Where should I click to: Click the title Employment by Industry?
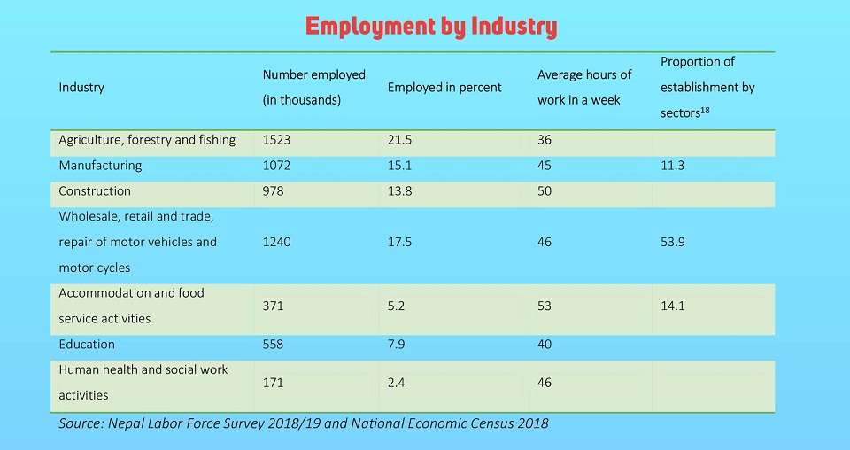(431, 27)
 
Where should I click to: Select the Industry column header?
(81, 88)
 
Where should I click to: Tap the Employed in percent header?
(444, 88)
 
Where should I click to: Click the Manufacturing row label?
(100, 166)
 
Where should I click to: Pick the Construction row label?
(95, 191)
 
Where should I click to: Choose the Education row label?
(87, 345)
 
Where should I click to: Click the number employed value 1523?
(277, 140)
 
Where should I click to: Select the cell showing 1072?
(277, 166)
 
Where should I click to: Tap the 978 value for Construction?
(274, 191)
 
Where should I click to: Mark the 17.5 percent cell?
(401, 242)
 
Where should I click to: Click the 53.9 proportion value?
(674, 242)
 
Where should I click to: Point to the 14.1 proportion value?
(673, 306)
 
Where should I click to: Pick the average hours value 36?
(545, 140)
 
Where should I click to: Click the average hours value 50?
(545, 191)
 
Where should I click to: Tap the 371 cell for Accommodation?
(274, 306)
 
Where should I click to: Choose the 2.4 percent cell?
(398, 383)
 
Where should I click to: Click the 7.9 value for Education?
(398, 345)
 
